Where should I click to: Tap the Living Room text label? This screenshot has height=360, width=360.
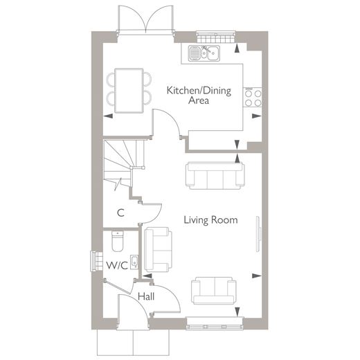coord(210,220)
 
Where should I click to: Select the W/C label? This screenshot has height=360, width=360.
coord(116,265)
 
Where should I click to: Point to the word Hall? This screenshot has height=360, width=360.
coord(146,297)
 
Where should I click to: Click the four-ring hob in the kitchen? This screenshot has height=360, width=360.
coord(253,97)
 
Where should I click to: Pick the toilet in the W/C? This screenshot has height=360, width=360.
coord(116,243)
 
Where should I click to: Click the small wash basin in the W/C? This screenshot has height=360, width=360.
coord(134,262)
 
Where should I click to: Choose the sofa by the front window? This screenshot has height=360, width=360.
coord(214,290)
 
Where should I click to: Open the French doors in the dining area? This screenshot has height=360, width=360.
coord(145,19)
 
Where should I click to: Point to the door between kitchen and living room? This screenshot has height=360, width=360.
coord(168,124)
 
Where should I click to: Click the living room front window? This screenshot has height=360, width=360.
coord(215,321)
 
